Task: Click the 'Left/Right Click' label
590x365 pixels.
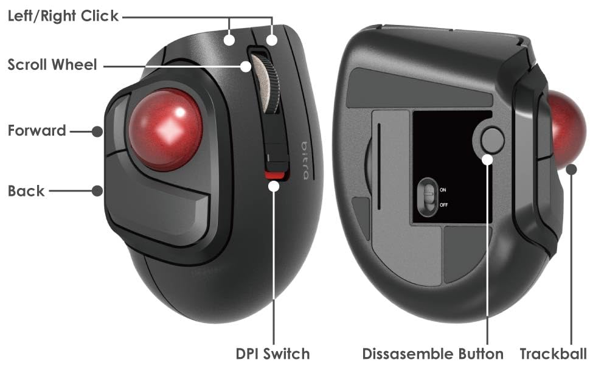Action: pyautogui.click(x=63, y=16)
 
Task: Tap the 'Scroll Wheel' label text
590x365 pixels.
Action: pyautogui.click(x=52, y=64)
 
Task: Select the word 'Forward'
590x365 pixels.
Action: pyautogui.click(x=36, y=131)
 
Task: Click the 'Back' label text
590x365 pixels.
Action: pyautogui.click(x=26, y=191)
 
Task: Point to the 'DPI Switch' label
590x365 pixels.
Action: pyautogui.click(x=272, y=353)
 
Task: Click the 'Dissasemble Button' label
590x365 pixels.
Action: pyautogui.click(x=432, y=353)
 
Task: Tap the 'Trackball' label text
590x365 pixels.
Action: pyautogui.click(x=554, y=353)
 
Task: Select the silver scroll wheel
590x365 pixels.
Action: pyautogui.click(x=265, y=83)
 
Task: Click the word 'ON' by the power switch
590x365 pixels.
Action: pyautogui.click(x=443, y=190)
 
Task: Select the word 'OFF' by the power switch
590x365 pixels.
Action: pyautogui.click(x=443, y=205)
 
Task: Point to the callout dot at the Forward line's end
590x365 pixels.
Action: pyautogui.click(x=97, y=131)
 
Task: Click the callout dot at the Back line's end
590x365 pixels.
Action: pyautogui.click(x=97, y=190)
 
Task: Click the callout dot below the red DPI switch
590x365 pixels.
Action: pyautogui.click(x=274, y=186)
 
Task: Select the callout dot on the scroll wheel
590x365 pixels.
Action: pyautogui.click(x=246, y=65)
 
